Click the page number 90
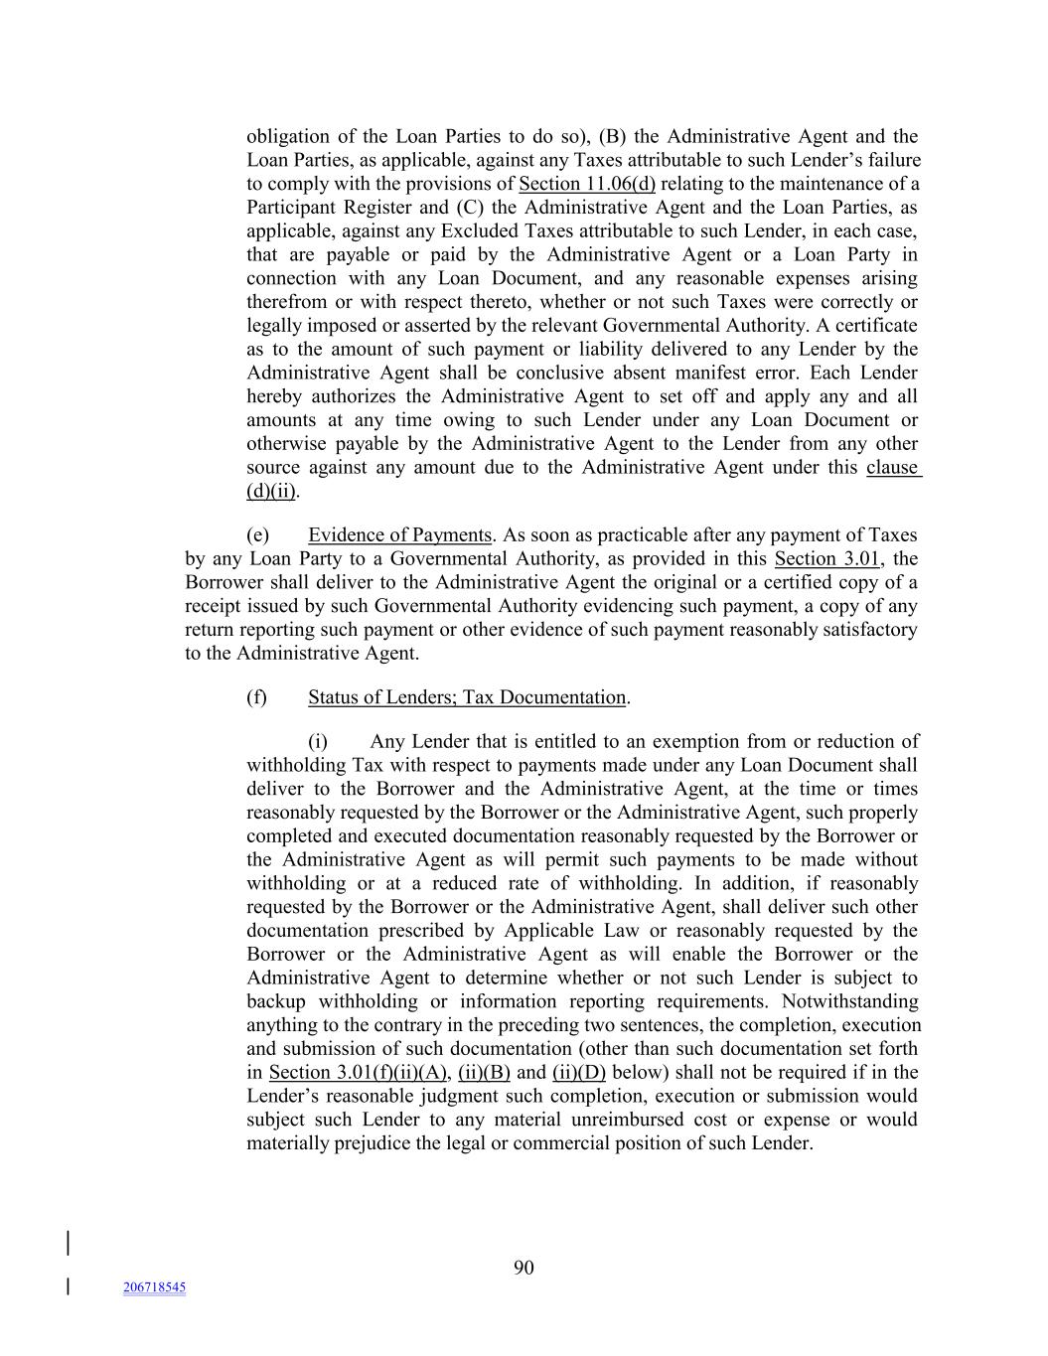pos(524,1267)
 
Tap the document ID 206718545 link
pos(154,1287)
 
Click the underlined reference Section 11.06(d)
pos(587,184)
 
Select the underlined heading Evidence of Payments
pos(399,535)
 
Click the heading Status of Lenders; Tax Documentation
pos(467,697)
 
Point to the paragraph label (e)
pos(257,535)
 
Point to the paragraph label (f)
pos(256,697)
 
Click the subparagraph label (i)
pos(318,742)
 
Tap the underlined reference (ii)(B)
pos(484,1073)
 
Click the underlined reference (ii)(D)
pos(579,1073)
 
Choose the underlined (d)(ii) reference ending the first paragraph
pos(271,492)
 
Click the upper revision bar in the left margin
pos(68,1244)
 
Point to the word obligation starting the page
pos(287,137)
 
